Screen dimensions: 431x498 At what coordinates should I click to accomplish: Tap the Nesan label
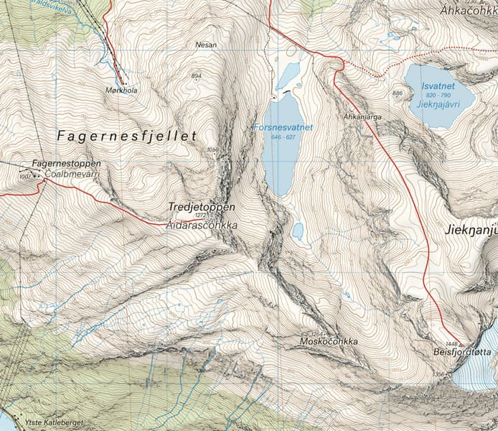click(205, 45)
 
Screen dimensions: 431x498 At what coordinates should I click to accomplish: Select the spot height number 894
click(196, 75)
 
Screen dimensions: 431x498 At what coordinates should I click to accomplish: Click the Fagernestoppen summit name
click(66, 164)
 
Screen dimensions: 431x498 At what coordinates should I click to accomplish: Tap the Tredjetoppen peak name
click(201, 206)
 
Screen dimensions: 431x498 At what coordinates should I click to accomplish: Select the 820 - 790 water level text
click(439, 95)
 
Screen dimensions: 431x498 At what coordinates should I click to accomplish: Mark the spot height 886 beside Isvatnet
click(398, 93)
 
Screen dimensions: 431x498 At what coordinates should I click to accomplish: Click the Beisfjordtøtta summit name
click(462, 353)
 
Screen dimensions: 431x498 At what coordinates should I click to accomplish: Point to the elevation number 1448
click(451, 344)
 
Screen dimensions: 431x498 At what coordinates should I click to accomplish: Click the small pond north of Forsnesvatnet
click(288, 73)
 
